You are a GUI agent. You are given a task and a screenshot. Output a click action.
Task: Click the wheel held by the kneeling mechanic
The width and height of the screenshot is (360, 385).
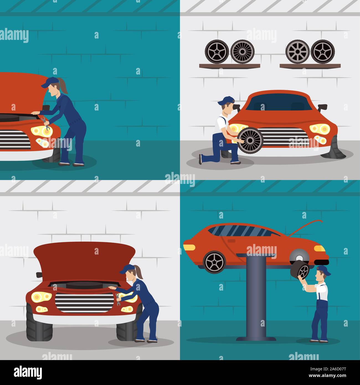(250, 140)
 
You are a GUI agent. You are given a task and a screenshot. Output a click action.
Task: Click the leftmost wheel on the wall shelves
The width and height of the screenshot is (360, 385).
(217, 52)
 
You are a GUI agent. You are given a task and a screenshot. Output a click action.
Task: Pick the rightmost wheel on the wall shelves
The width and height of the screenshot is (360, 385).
(323, 52)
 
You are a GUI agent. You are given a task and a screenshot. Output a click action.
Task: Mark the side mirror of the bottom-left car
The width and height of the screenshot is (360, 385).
(39, 275)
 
